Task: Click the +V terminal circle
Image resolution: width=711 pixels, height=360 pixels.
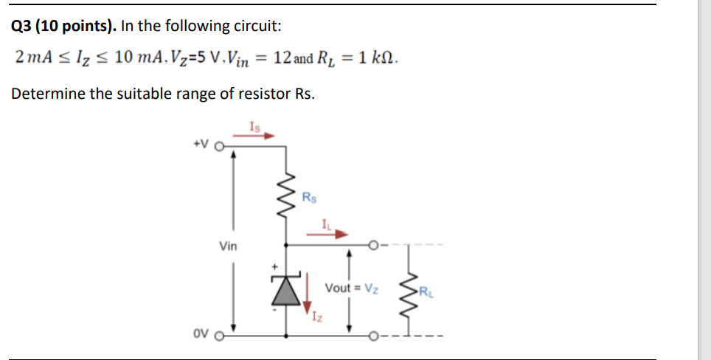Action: [x=218, y=146]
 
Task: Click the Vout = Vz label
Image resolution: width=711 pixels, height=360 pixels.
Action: [x=353, y=288]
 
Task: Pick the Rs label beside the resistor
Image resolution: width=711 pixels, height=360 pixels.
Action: [x=311, y=197]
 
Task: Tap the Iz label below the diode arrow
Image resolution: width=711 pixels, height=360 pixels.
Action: [x=316, y=319]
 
